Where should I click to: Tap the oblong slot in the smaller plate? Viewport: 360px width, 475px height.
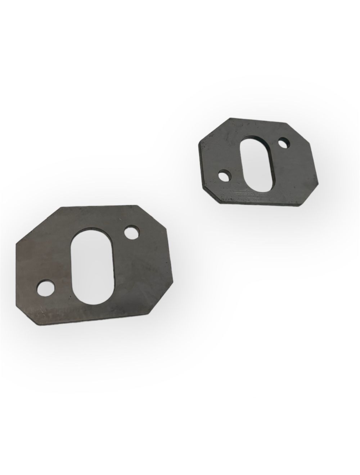257,163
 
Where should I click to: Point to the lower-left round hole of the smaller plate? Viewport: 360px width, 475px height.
226,176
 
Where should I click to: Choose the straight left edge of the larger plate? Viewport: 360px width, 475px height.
16,270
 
